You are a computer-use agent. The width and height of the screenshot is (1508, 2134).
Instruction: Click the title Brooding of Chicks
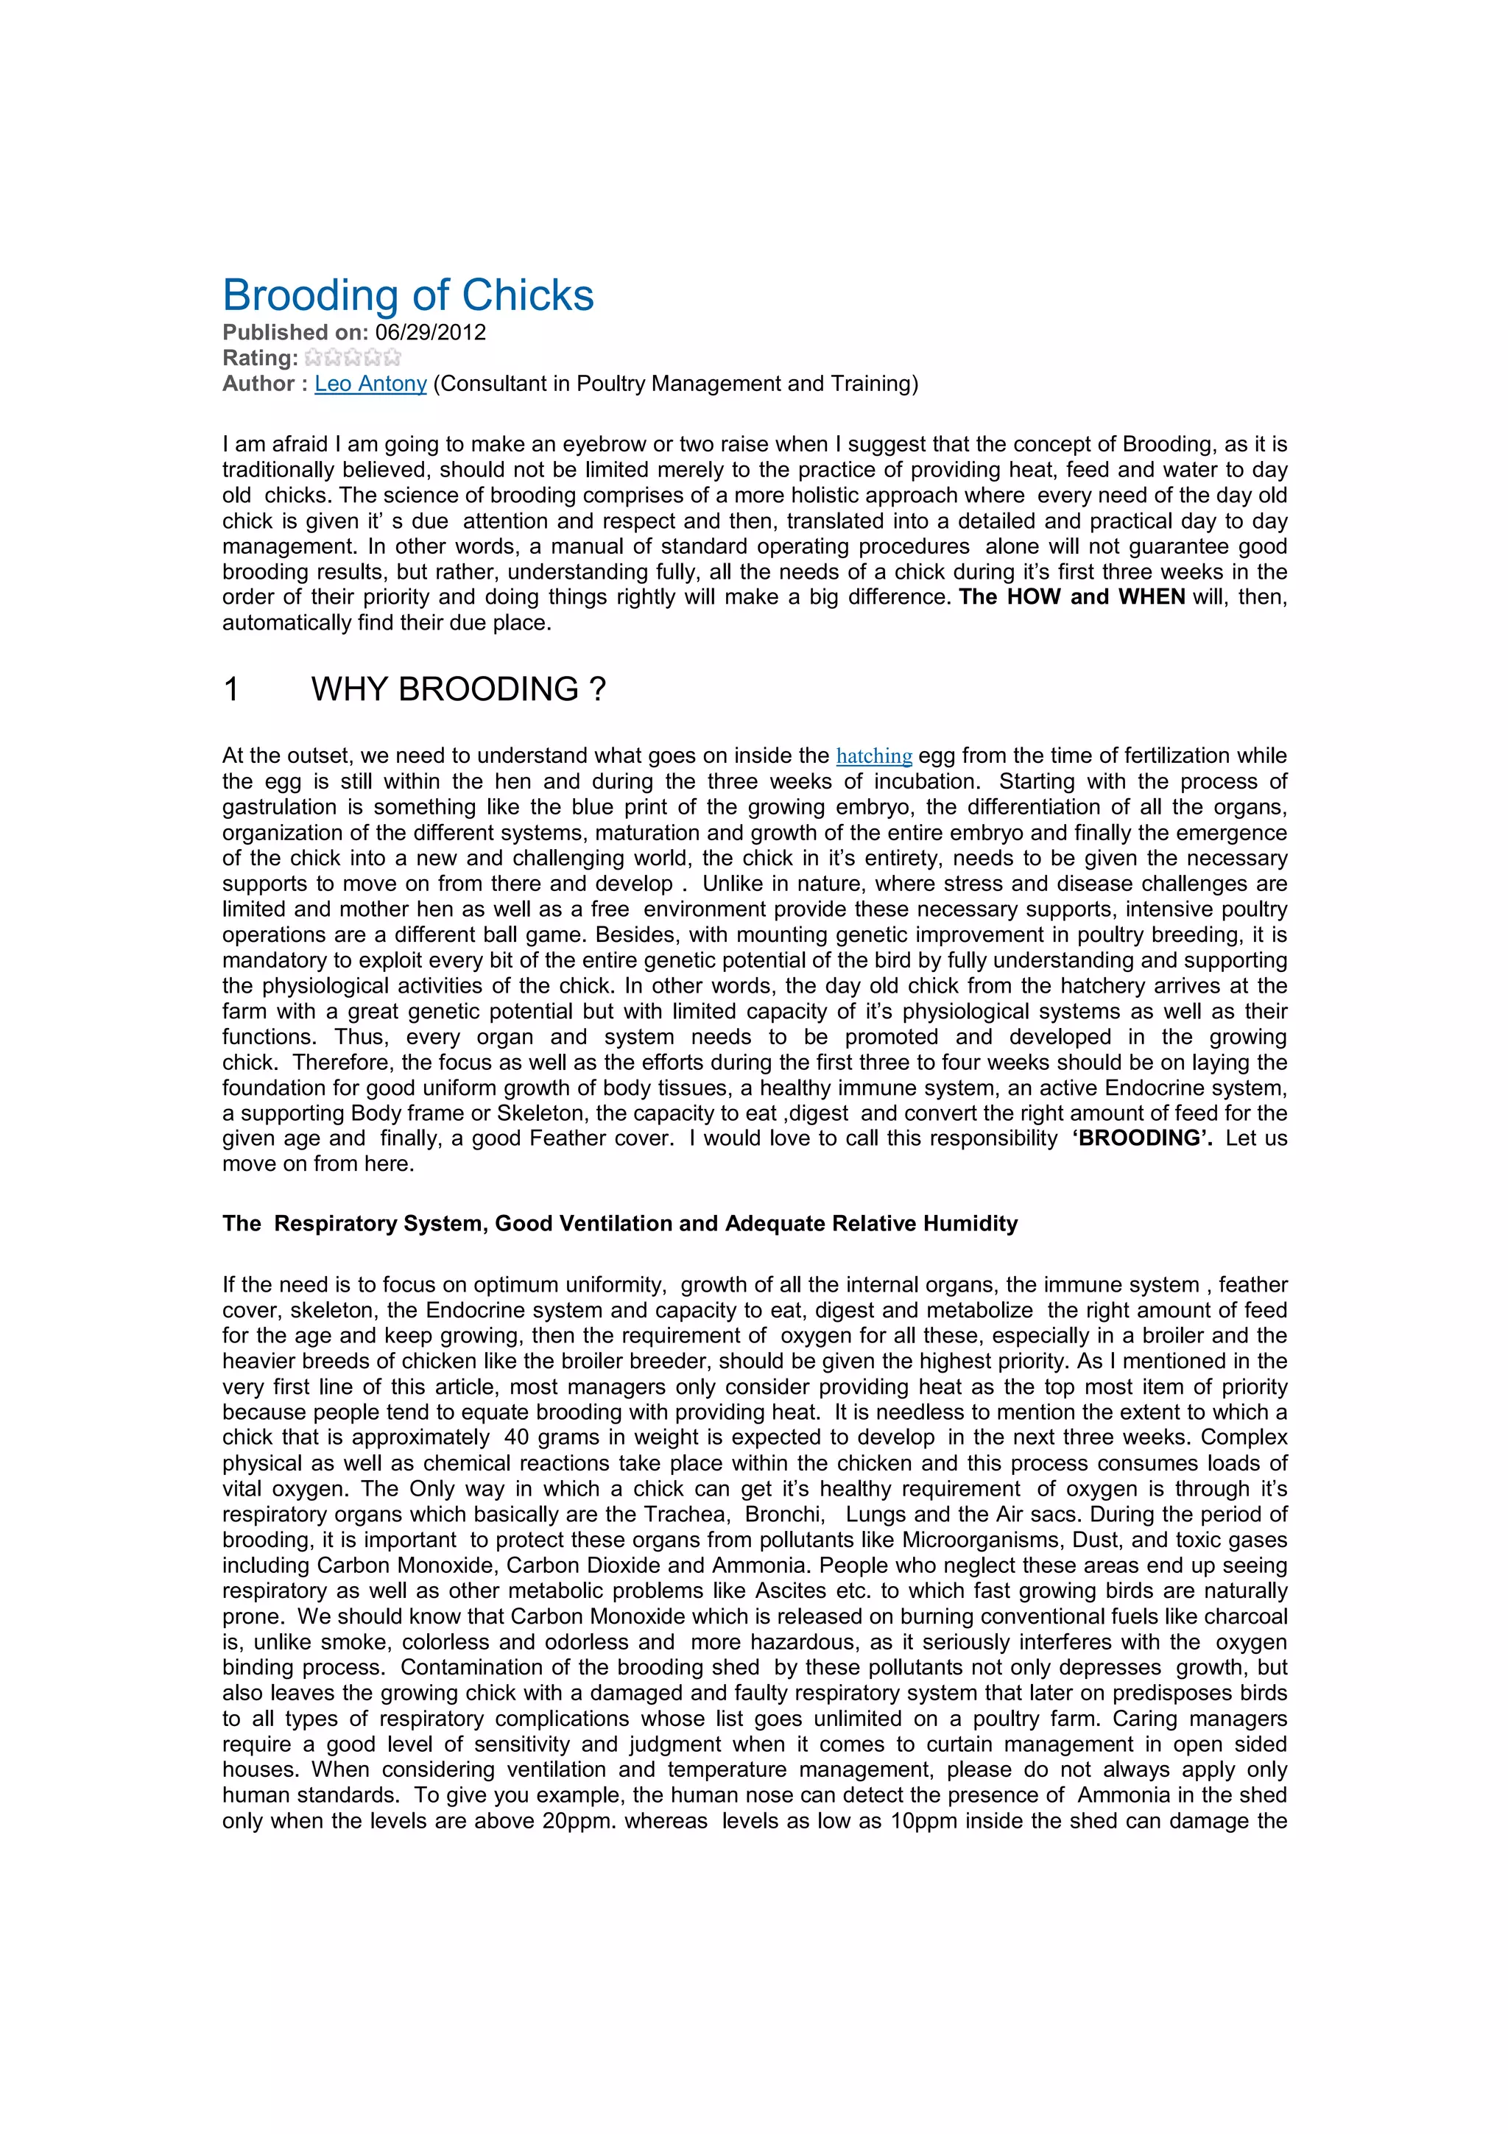coord(408,295)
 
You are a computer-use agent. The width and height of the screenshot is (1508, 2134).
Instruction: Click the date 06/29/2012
coord(430,333)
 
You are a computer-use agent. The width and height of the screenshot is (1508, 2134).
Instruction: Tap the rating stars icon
coord(353,358)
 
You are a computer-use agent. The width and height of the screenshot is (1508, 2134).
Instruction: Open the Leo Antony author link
coord(370,384)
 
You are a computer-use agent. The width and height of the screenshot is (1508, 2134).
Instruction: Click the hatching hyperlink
coord(873,756)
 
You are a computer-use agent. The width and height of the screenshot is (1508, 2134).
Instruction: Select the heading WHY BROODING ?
coord(458,690)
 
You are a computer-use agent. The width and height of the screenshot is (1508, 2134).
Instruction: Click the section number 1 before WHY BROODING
coord(231,690)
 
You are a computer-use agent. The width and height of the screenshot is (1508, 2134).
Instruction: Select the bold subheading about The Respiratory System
coord(620,1224)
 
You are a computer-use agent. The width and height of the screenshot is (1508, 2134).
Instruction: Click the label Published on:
coord(295,333)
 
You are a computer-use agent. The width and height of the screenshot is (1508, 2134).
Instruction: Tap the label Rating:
coord(260,359)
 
